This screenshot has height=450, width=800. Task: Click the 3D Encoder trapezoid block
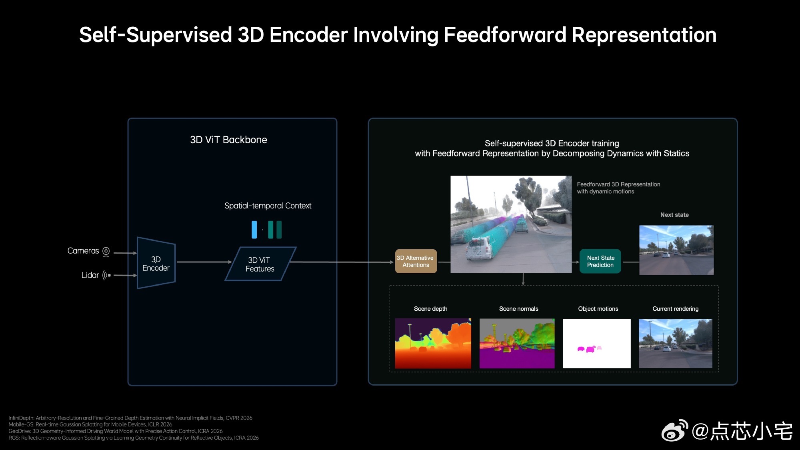coord(156,263)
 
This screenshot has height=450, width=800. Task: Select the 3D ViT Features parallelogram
coord(260,264)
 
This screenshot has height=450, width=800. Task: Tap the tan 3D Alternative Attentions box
coord(416,262)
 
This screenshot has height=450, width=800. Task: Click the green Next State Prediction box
coord(600,262)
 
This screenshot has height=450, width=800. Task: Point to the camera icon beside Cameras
coord(106,251)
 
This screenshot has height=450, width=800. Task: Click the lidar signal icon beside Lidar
coord(107,275)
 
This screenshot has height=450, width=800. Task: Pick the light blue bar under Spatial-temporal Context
coord(254,230)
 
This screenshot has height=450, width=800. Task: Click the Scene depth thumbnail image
coord(433,343)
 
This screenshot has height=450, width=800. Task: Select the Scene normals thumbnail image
coord(517,343)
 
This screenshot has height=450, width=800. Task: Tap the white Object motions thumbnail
coord(596,343)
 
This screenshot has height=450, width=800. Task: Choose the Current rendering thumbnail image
coord(675,343)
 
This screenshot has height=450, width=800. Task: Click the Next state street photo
coord(676,250)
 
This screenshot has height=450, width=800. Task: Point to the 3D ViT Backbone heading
coord(228,140)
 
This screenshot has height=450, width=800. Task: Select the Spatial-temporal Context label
coord(268,206)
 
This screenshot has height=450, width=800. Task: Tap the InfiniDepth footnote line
coord(130,418)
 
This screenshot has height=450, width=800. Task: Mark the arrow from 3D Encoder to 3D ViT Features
coord(204,262)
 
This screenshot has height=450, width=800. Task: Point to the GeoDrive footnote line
coord(116,431)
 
